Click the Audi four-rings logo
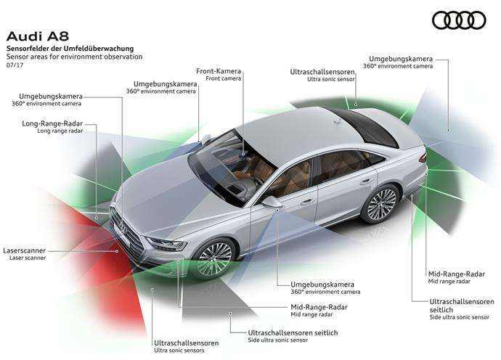coord(459,20)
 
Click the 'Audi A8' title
coord(38,36)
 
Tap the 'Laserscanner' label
coord(24,250)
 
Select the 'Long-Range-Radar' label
coord(52,123)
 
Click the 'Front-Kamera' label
coord(219,71)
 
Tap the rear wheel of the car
coord(380,203)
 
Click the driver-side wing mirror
coord(272,202)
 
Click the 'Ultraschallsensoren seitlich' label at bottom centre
coord(293,332)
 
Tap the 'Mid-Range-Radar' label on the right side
coord(456,274)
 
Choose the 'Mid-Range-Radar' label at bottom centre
coord(319,307)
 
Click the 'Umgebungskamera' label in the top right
coord(401,59)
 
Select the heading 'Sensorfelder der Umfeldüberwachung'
coord(70,49)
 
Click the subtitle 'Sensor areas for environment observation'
coord(75,57)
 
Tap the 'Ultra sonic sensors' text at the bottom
coord(179,351)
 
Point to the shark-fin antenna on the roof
coord(335,121)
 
